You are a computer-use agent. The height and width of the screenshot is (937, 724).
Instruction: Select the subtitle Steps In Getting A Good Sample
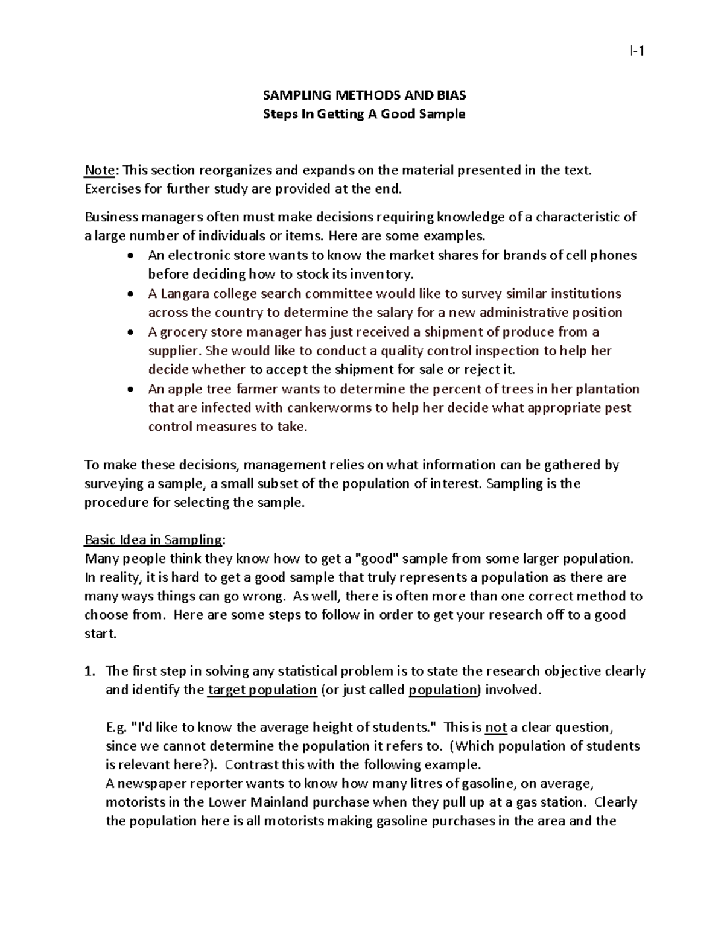364,114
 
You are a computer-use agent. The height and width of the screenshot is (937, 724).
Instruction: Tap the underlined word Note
100,170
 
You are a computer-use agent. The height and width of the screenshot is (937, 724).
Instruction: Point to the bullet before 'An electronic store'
132,256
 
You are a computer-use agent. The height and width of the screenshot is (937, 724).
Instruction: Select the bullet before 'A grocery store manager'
132,332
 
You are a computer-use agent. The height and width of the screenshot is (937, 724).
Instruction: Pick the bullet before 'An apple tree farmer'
132,389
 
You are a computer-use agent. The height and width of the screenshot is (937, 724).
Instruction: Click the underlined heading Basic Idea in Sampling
154,539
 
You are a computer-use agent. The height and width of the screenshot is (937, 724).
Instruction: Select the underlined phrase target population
262,690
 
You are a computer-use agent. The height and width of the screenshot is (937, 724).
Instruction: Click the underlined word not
495,728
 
